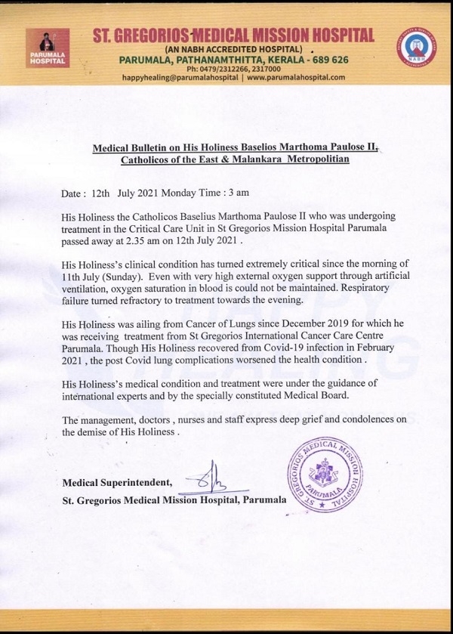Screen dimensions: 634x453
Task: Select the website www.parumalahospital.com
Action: pyautogui.click(x=295, y=77)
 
